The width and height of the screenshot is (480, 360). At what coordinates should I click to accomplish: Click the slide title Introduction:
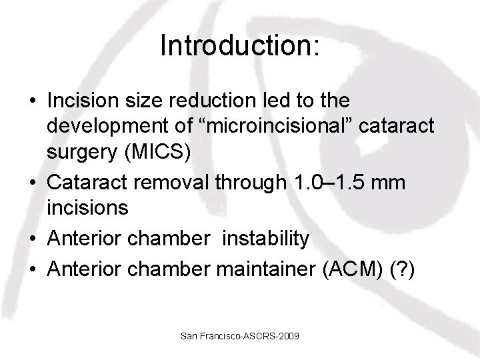(240, 46)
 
